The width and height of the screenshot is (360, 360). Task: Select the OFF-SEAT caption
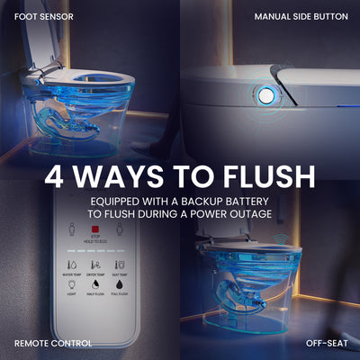(x=327, y=343)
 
